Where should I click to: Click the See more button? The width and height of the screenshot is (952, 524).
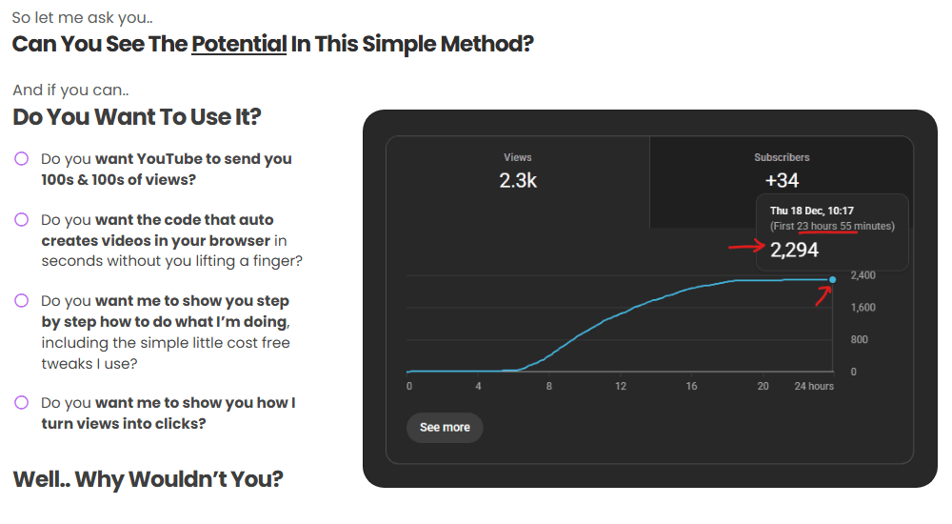pos(445,428)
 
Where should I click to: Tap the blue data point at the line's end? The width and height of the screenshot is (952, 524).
pos(833,279)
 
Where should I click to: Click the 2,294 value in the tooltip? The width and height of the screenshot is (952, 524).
pos(794,251)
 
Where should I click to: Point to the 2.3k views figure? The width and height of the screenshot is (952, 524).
pos(518,180)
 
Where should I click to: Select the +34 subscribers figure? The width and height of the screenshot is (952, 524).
pos(782,180)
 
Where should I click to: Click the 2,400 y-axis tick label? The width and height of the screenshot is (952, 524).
pos(863,275)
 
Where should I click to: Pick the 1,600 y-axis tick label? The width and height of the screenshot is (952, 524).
pos(863,308)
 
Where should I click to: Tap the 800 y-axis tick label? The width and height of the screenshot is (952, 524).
pos(859,340)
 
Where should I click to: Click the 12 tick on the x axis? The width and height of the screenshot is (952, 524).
pos(621,387)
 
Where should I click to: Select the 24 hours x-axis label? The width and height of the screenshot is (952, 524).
pos(815,387)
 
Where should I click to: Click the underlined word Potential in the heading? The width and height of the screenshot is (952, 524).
pos(239,44)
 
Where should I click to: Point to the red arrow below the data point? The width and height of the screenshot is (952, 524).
pos(821,296)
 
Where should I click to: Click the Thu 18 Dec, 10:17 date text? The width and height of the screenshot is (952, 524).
pos(812,211)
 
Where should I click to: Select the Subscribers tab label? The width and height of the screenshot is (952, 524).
pos(782,157)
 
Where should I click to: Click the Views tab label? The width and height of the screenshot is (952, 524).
pos(518,157)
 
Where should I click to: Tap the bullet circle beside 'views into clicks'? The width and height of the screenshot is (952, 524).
pos(22,403)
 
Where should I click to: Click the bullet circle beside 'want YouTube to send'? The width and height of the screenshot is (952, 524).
pos(22,159)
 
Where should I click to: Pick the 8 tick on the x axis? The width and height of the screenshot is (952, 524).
pos(549,387)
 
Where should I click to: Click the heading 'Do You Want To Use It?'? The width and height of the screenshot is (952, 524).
pos(137,117)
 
